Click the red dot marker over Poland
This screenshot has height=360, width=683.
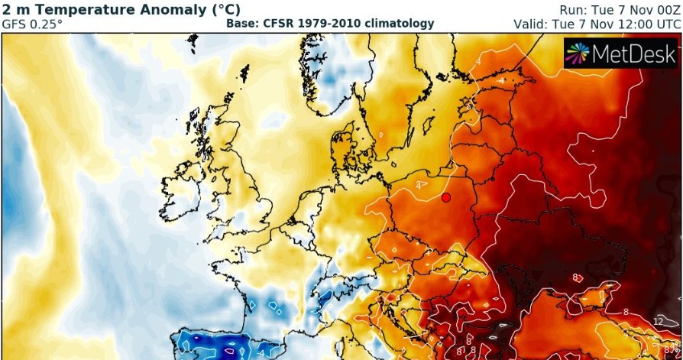click(446, 198)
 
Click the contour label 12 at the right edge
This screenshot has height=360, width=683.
click(658, 322)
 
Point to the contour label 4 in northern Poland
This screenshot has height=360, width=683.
click(418, 185)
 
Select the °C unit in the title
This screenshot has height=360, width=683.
click(227, 9)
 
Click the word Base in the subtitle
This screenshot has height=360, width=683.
click(242, 24)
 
